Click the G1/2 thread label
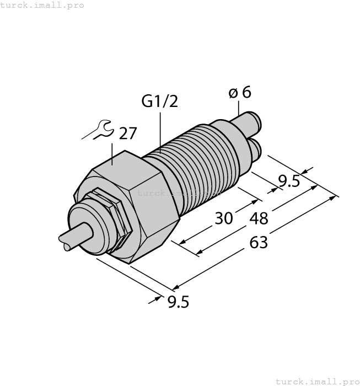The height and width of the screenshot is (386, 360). click(x=160, y=101)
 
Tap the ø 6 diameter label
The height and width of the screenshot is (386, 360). click(x=240, y=92)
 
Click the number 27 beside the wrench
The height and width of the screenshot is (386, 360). click(x=128, y=133)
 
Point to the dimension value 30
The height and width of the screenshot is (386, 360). click(x=223, y=218)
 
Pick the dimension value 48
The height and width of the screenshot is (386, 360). click(x=259, y=218)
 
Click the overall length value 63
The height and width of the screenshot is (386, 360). click(x=259, y=242)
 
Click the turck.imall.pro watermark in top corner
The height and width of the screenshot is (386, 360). click(x=42, y=5)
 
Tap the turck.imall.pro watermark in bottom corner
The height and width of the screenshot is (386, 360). click(x=316, y=381)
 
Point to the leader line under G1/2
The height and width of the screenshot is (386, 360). click(x=160, y=130)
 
